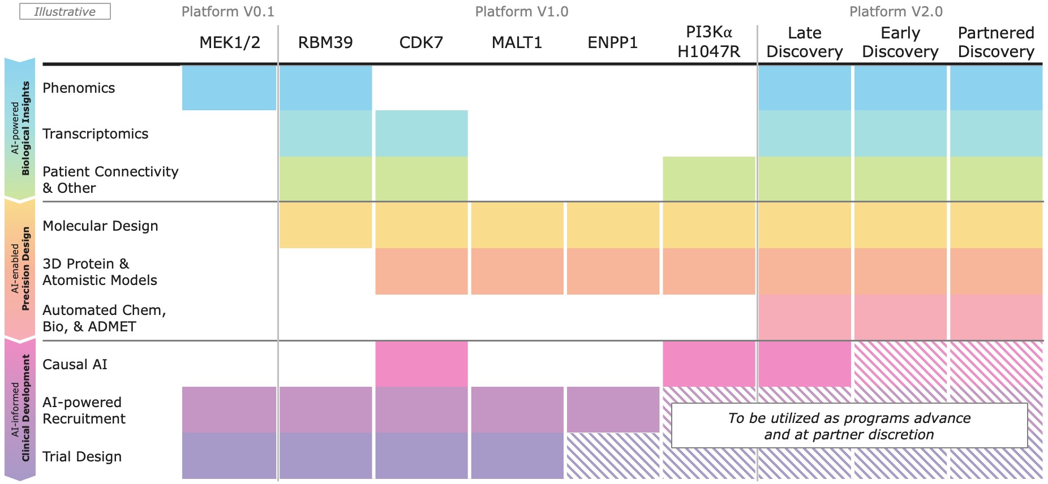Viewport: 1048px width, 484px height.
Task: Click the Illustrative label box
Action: [x=65, y=12]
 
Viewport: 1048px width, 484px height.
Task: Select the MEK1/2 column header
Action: [x=230, y=42]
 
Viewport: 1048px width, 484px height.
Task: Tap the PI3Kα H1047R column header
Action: [x=708, y=42]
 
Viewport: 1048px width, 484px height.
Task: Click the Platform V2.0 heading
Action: [x=896, y=12]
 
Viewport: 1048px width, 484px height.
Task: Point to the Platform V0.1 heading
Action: [x=228, y=12]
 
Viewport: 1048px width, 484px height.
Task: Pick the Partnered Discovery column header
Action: [x=996, y=42]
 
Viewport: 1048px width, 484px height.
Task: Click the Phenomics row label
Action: [x=79, y=88]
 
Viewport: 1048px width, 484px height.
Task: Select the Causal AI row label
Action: [x=75, y=365]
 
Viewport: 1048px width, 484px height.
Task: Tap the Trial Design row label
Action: [x=82, y=457]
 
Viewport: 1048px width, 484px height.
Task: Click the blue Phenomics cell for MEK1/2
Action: [x=229, y=88]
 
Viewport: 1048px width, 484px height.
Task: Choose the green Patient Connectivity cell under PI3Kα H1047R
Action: [x=708, y=179]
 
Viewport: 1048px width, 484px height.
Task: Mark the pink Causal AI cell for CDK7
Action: [x=422, y=364]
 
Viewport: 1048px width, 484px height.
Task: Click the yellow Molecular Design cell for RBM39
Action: [x=325, y=225]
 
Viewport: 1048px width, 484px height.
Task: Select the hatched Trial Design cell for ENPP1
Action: [x=613, y=456]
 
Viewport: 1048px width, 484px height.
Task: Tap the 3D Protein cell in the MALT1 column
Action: [x=517, y=271]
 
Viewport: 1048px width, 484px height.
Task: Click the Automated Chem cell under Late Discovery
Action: [x=804, y=317]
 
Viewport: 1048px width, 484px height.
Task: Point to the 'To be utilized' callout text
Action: [x=849, y=426]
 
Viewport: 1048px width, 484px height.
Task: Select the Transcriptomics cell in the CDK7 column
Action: [x=422, y=133]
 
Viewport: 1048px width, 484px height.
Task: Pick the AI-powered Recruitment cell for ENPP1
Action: [x=613, y=409]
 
